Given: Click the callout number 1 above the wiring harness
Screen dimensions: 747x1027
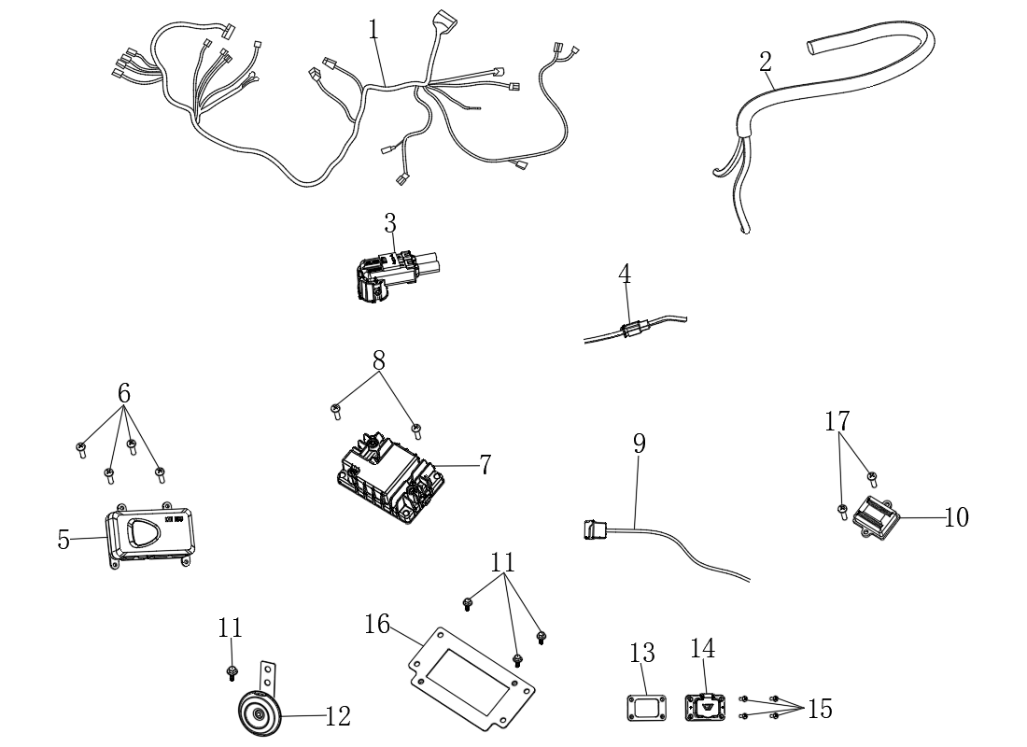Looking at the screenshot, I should tap(373, 30).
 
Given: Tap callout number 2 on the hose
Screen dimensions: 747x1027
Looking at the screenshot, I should tap(766, 63).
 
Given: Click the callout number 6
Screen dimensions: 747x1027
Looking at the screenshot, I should tap(124, 394).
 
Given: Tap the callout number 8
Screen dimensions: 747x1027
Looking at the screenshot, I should tap(379, 360).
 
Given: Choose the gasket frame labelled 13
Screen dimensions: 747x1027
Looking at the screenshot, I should tap(643, 707).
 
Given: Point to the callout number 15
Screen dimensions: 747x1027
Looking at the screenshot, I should tap(820, 709).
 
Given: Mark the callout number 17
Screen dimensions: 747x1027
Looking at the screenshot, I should tap(837, 421).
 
